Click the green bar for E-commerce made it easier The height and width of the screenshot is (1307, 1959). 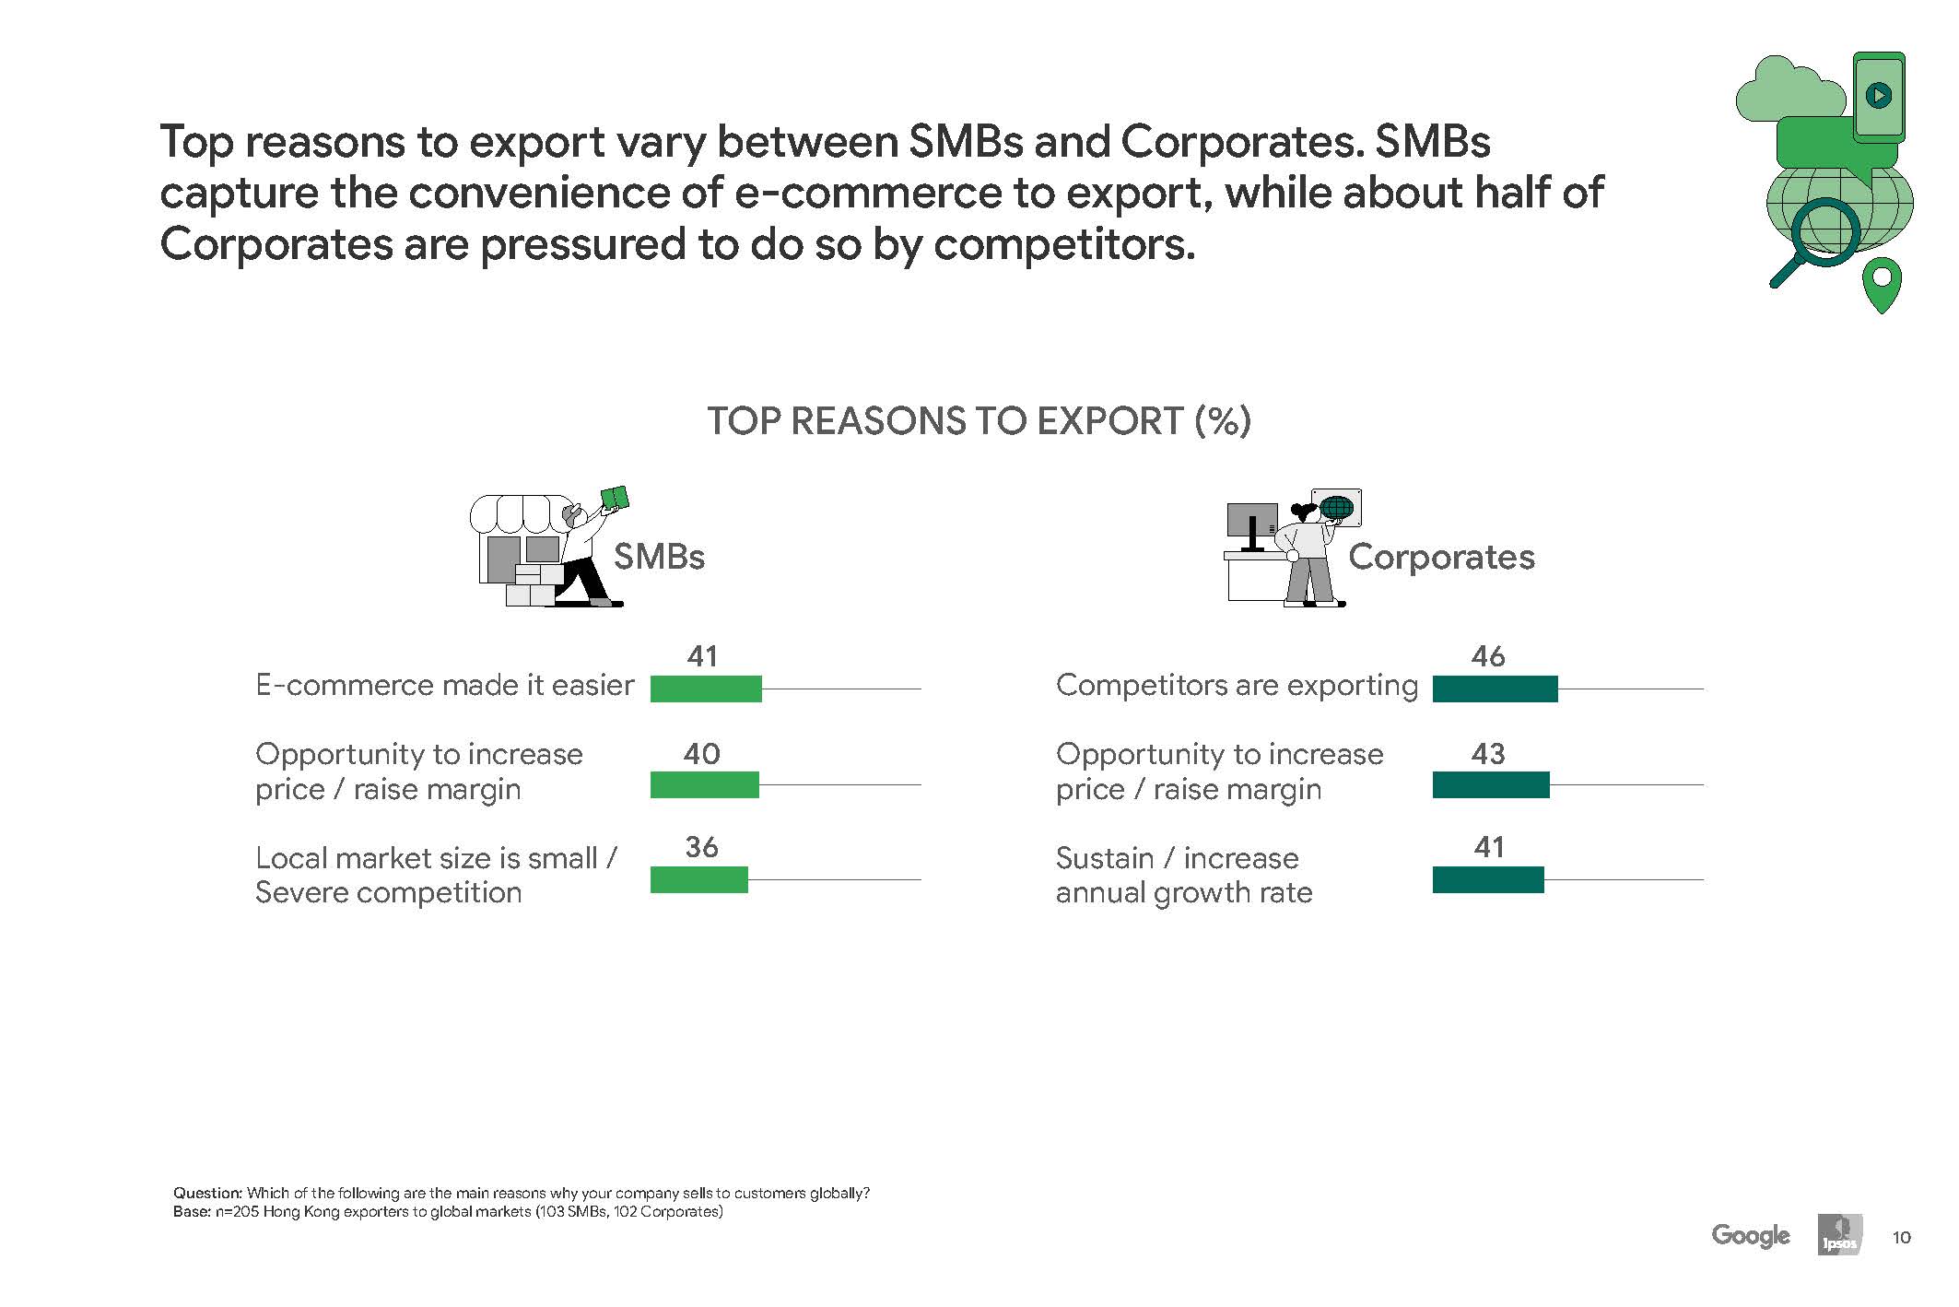pyautogui.click(x=706, y=689)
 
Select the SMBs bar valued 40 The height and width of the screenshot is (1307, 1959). pyautogui.click(x=705, y=784)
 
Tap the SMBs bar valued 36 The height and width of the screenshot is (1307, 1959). pyautogui.click(x=699, y=879)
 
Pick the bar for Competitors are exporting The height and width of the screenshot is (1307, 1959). pyautogui.click(x=1495, y=689)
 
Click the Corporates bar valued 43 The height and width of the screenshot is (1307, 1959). pyautogui.click(x=1491, y=784)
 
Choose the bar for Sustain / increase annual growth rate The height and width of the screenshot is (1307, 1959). pyautogui.click(x=1488, y=879)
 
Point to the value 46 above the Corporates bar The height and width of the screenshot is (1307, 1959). pyautogui.click(x=1488, y=656)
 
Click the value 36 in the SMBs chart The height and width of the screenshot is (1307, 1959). pyautogui.click(x=701, y=847)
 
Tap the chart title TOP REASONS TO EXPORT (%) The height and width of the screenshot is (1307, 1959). pyautogui.click(x=979, y=421)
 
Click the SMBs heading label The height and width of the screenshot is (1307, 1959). pyautogui.click(x=659, y=557)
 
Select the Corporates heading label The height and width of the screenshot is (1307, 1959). pyautogui.click(x=1441, y=557)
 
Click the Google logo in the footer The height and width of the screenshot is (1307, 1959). pyautogui.click(x=1751, y=1236)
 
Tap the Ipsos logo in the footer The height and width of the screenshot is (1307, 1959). pyautogui.click(x=1840, y=1235)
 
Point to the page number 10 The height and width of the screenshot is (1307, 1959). pyautogui.click(x=1901, y=1237)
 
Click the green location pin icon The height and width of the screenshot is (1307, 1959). pyautogui.click(x=1882, y=285)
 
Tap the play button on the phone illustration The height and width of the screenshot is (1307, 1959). pyautogui.click(x=1878, y=94)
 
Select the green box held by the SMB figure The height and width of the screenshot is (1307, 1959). pyautogui.click(x=615, y=499)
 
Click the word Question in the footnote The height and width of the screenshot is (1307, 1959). pyautogui.click(x=207, y=1193)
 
